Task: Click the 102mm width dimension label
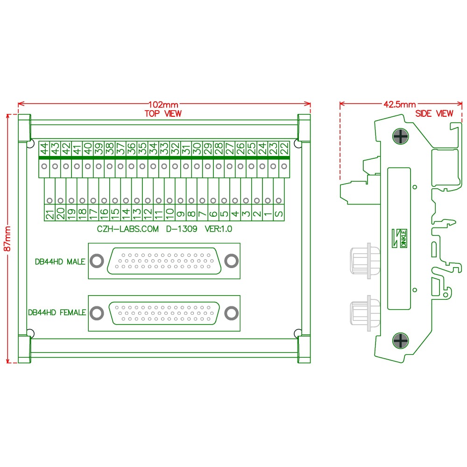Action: click(x=163, y=105)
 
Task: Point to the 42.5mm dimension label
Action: click(x=399, y=104)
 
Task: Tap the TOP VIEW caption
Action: click(x=163, y=113)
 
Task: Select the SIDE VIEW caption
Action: click(x=434, y=113)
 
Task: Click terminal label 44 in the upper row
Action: click(x=44, y=149)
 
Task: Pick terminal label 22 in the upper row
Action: click(x=283, y=149)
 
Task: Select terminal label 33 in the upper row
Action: click(x=164, y=149)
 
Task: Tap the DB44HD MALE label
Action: click(x=60, y=262)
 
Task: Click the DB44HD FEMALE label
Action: click(x=57, y=312)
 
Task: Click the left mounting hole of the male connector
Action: click(x=97, y=261)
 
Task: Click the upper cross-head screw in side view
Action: click(x=400, y=137)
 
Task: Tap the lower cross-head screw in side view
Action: click(x=400, y=341)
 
